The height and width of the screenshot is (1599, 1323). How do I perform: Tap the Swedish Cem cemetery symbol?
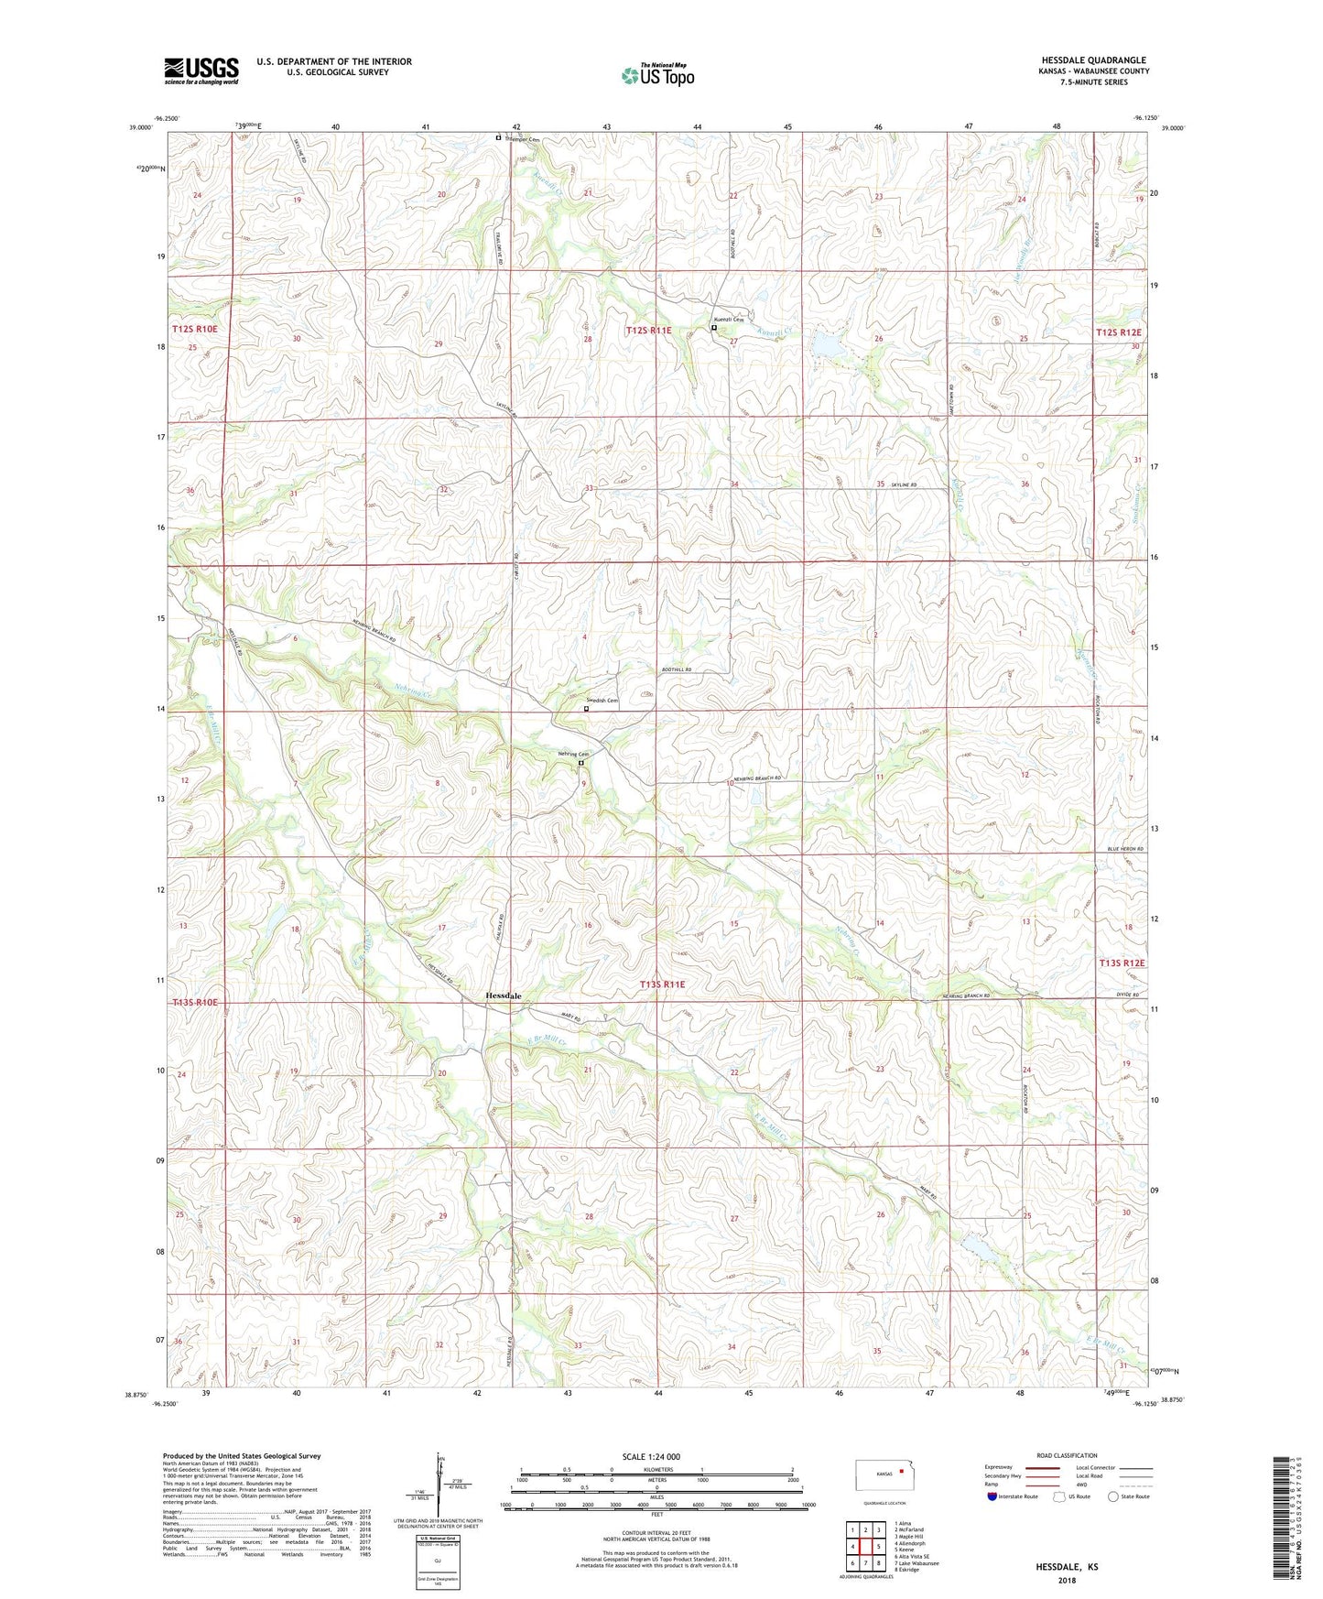pos(586,708)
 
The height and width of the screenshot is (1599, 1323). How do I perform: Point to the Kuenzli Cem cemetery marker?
pos(714,328)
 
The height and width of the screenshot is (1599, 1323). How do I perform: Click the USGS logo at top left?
pos(201,70)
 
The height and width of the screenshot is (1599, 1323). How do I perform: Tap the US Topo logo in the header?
pos(657,75)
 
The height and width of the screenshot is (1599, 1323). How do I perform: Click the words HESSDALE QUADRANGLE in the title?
pos(1093,60)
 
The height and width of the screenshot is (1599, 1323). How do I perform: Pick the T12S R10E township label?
pos(195,328)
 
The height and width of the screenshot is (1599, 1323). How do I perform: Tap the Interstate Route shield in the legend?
pos(992,1496)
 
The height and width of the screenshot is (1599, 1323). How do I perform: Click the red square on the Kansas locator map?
pos(902,1472)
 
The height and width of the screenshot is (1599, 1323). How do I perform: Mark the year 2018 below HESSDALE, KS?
pos(1067,1580)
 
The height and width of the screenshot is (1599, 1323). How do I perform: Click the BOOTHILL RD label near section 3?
pos(678,670)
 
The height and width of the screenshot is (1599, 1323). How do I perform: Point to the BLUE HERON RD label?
pos(1125,850)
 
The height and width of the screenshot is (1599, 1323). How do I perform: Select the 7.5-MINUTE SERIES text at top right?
pos(1094,82)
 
